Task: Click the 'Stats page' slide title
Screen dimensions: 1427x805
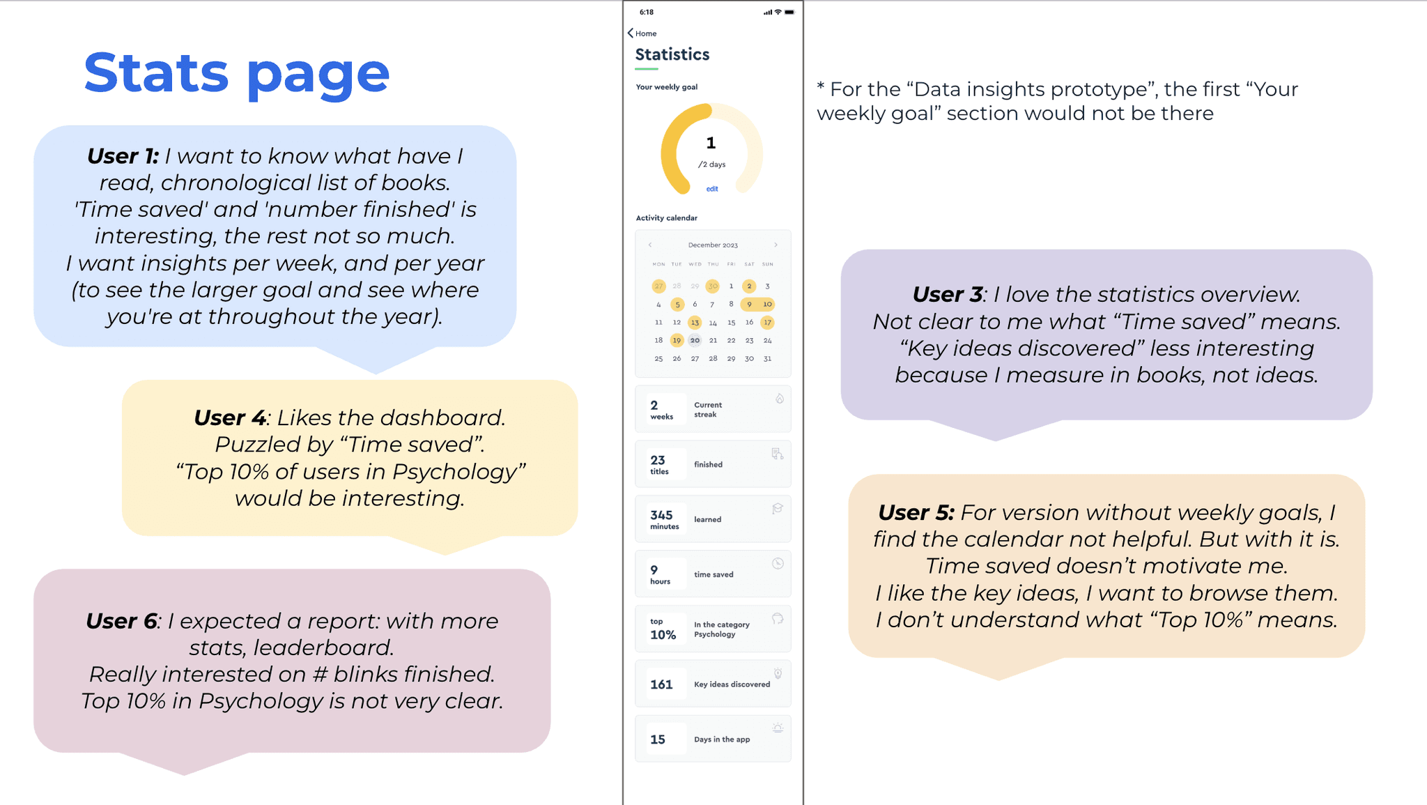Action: (x=236, y=73)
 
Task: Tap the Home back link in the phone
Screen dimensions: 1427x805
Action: (x=642, y=33)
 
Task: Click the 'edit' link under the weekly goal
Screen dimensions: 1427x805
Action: (x=711, y=189)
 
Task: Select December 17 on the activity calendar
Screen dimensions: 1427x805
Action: (x=767, y=322)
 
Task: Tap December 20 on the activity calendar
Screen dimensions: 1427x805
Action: (x=695, y=340)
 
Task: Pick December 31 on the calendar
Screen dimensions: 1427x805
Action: (x=767, y=358)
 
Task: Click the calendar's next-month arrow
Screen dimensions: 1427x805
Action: (x=776, y=245)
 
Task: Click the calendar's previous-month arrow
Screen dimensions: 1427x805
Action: (x=650, y=245)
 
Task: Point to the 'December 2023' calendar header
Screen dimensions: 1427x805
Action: (x=713, y=245)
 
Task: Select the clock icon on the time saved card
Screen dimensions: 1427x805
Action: (x=778, y=564)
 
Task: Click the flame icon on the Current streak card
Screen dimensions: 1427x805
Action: (x=779, y=399)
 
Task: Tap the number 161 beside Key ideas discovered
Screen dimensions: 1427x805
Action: (x=661, y=684)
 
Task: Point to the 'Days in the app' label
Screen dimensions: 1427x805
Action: (x=722, y=739)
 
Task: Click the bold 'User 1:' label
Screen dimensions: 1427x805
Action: (x=123, y=156)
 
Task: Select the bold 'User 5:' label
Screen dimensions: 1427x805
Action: (x=915, y=513)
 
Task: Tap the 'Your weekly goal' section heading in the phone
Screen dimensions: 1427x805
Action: (x=666, y=87)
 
